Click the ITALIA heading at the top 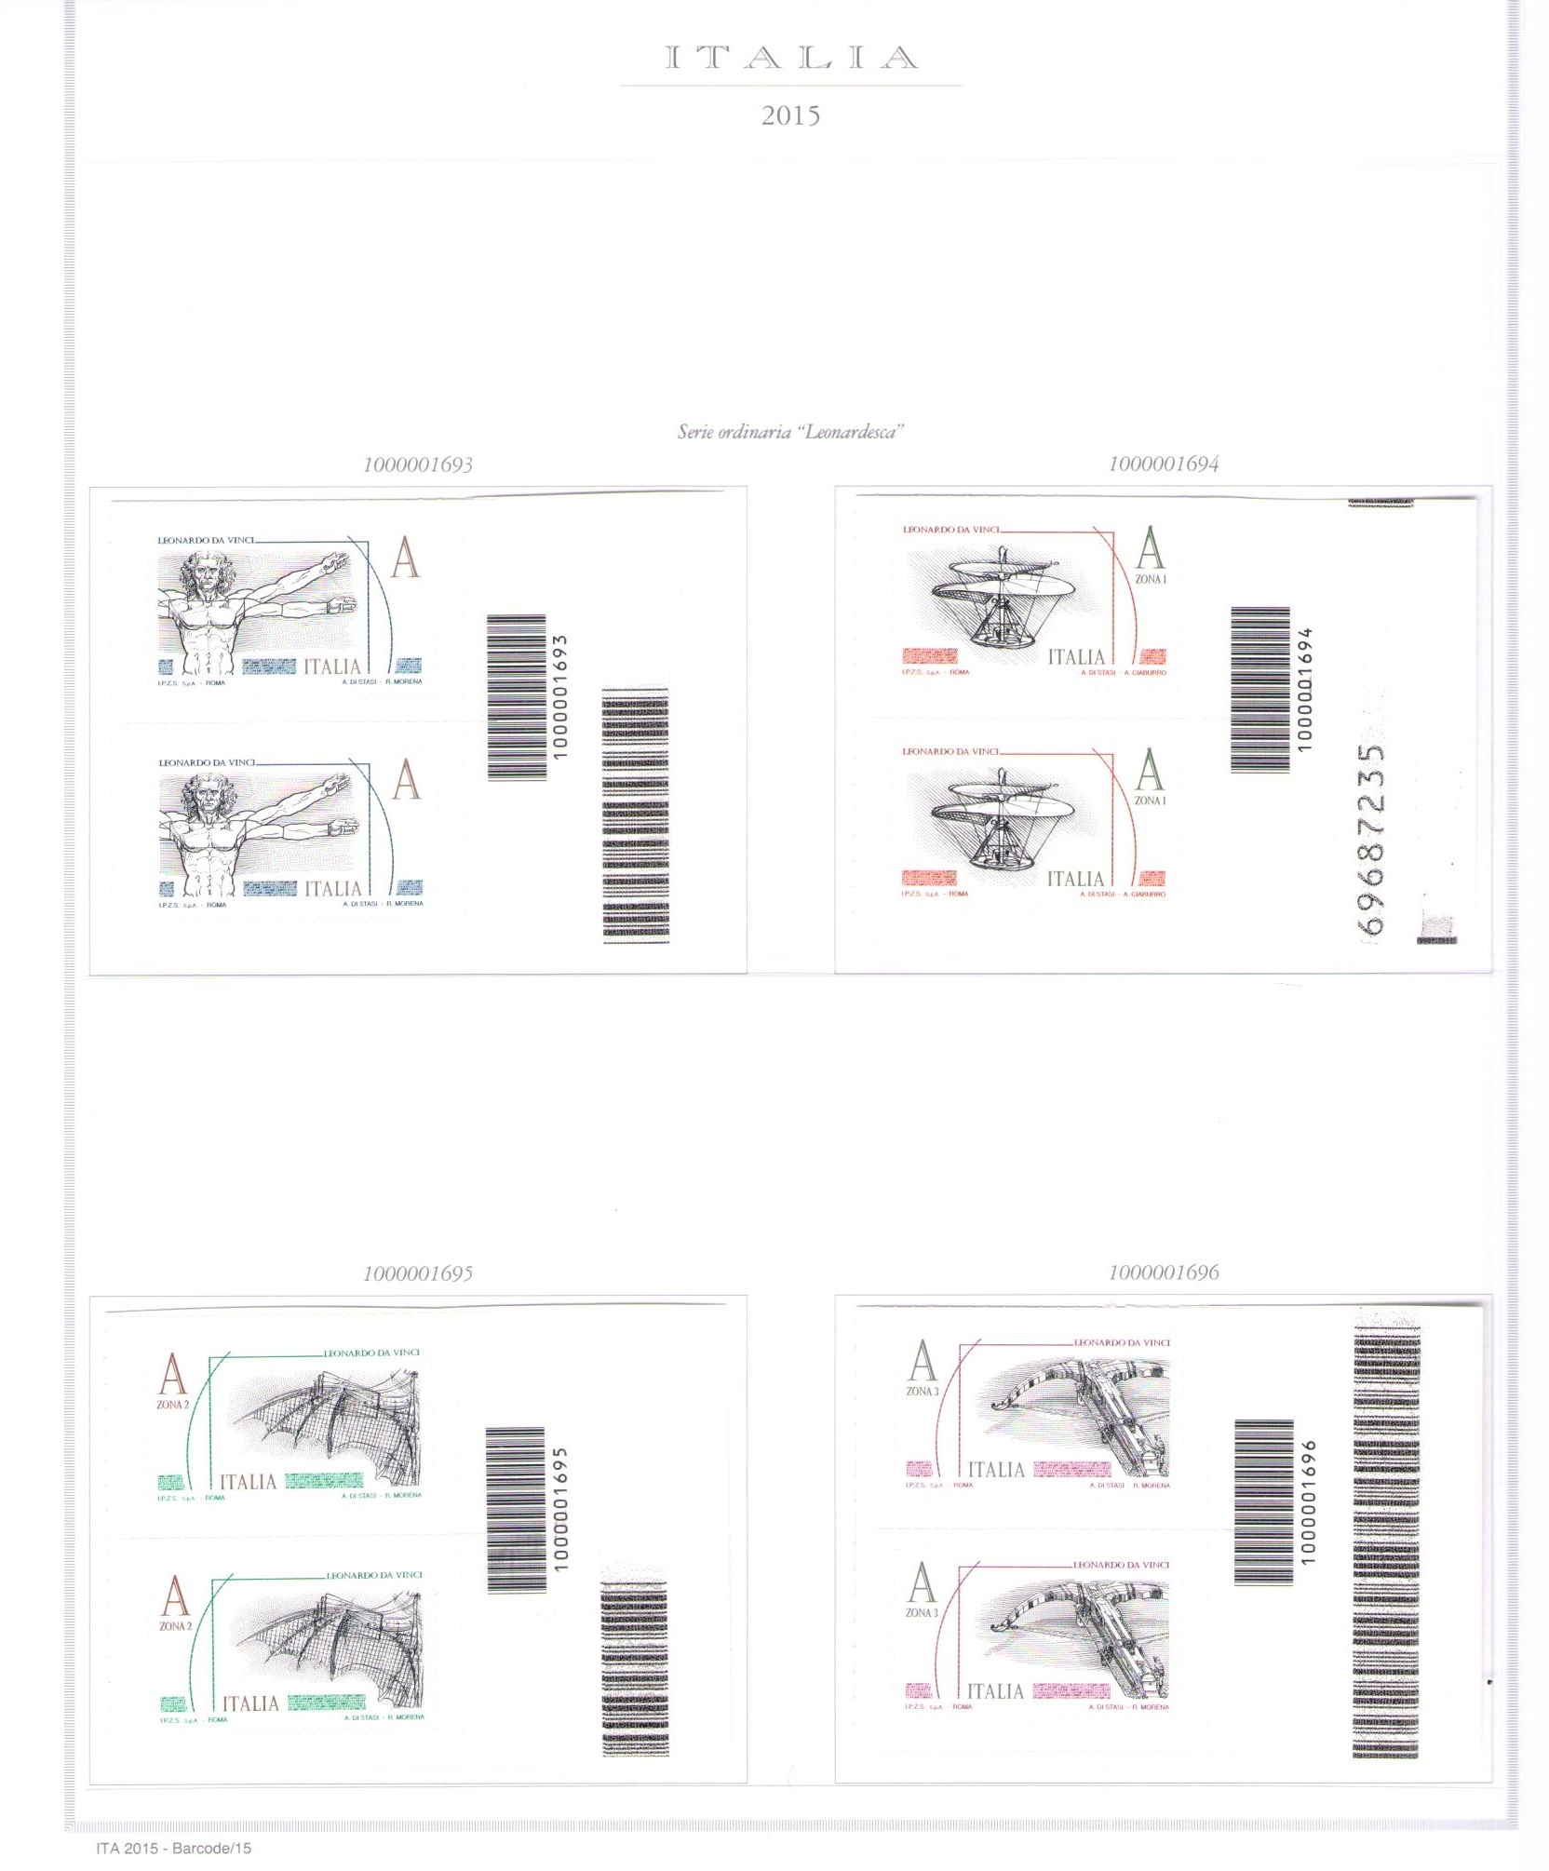791,58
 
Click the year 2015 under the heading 790,116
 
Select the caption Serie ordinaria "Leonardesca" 790,432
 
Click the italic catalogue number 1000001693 418,464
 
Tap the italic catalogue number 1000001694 1164,464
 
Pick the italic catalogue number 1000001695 418,1273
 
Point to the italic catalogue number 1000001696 1164,1272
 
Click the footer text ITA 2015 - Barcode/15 173,1848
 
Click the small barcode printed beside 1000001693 517,696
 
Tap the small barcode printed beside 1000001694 1260,690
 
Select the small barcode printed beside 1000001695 515,1510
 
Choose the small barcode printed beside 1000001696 1263,1501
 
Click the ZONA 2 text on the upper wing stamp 172,1405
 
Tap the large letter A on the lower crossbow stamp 922,1583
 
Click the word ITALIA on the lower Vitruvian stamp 332,889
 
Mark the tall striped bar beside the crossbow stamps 1385,1545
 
